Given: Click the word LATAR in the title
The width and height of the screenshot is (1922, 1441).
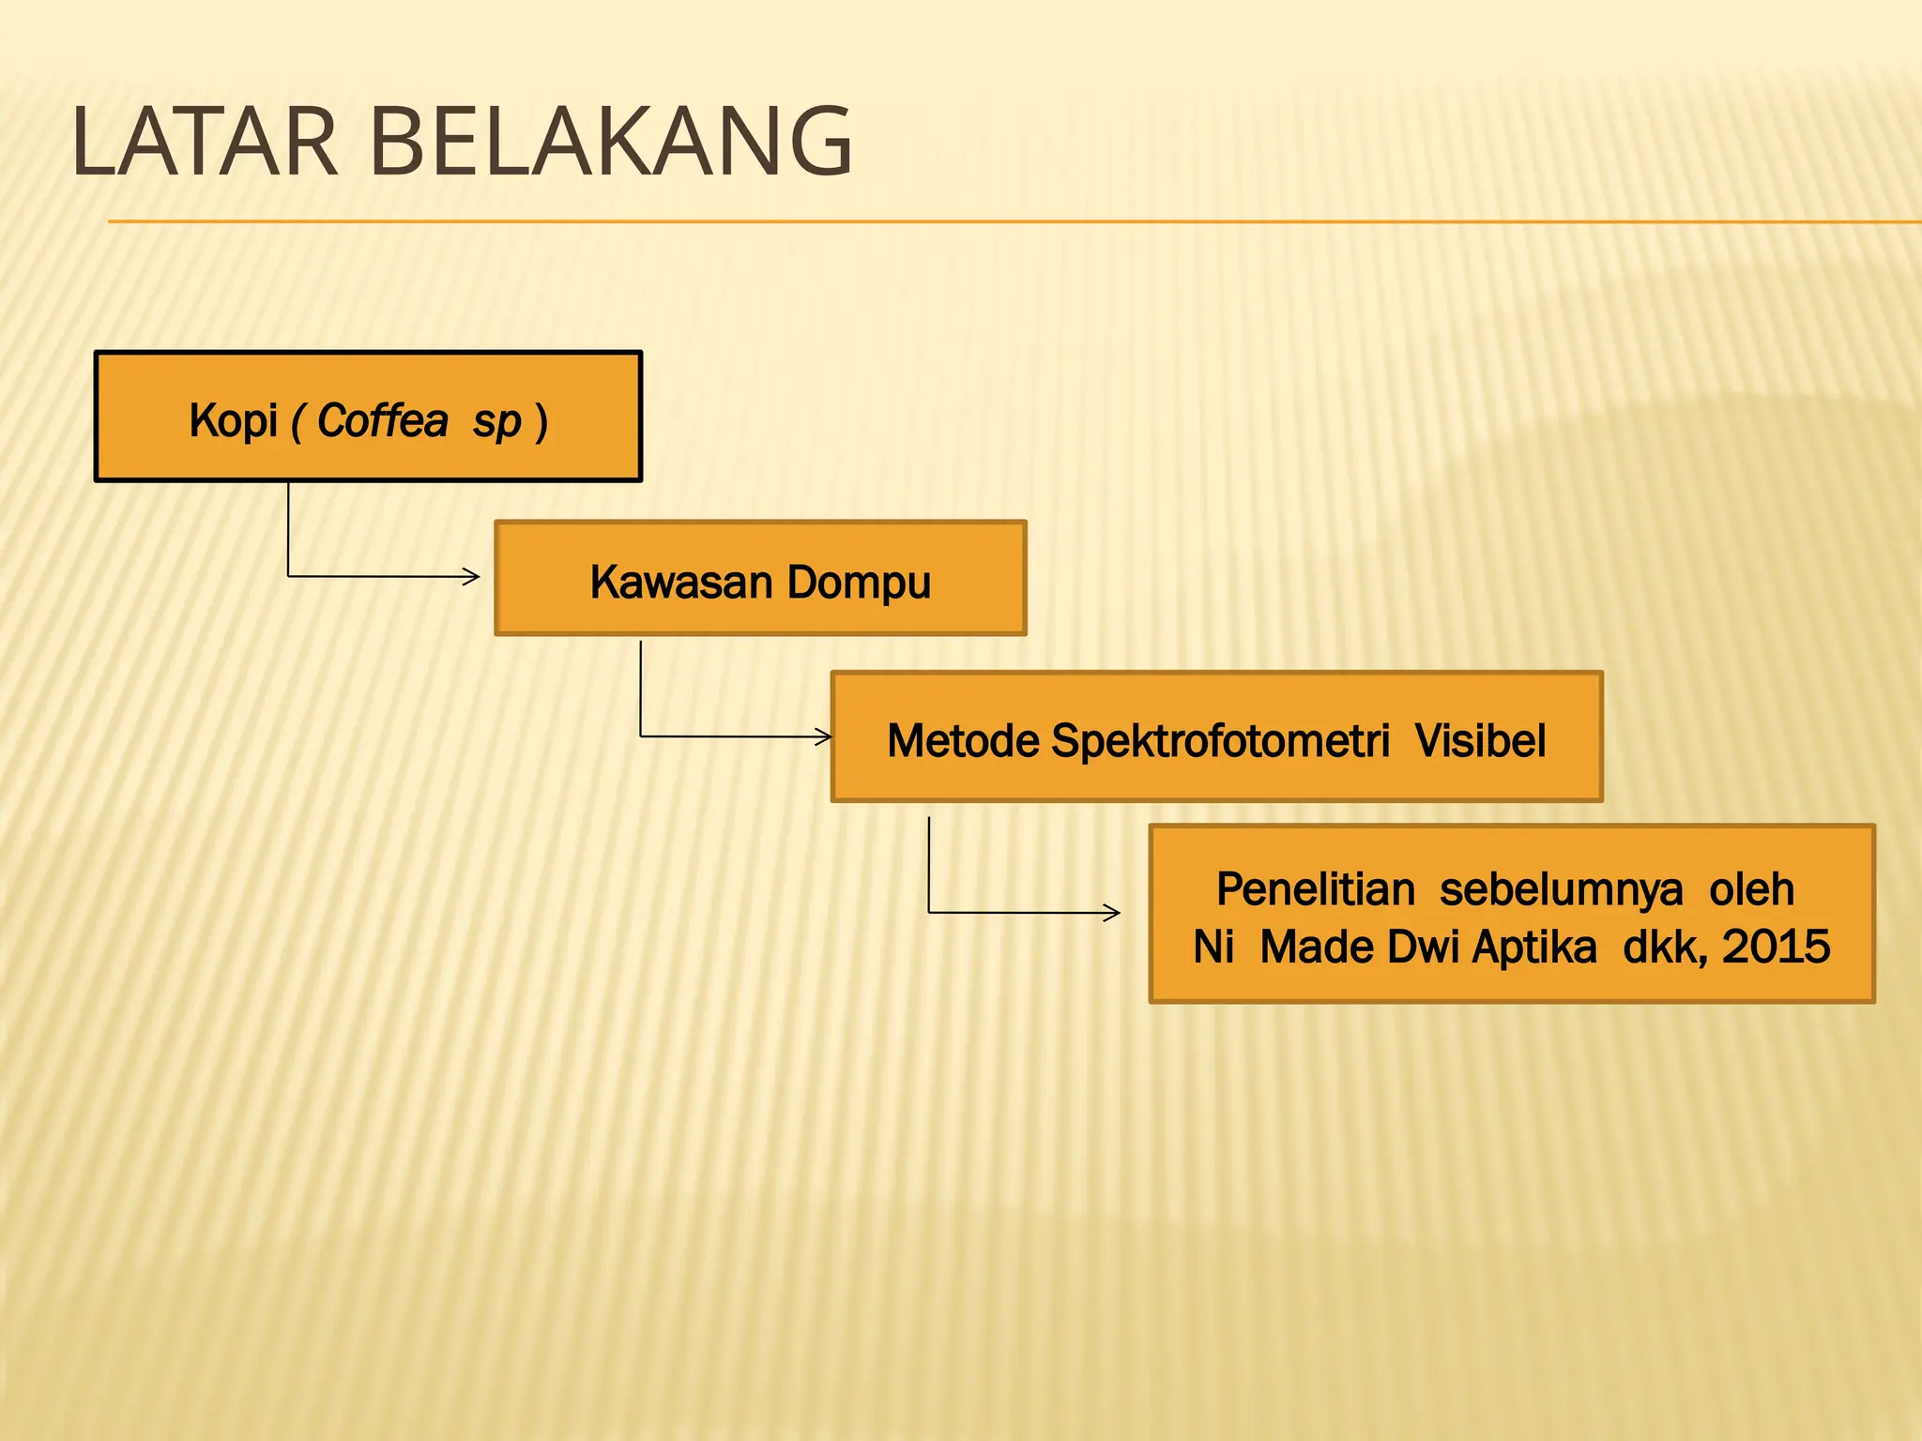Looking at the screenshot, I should (204, 143).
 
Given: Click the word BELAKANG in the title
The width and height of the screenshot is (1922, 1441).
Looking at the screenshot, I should (611, 143).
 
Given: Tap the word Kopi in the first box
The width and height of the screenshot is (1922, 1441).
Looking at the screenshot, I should (234, 420).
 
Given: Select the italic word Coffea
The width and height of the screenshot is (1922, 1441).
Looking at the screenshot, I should (383, 420).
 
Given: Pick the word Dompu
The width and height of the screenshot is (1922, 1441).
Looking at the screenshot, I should (859, 584).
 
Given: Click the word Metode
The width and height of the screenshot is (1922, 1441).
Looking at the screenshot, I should (963, 740).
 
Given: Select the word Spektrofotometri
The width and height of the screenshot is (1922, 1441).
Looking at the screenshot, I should (1220, 741).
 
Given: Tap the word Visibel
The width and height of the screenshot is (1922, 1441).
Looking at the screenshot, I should (1480, 740).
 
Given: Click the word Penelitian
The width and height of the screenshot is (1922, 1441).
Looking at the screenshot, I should (1315, 888).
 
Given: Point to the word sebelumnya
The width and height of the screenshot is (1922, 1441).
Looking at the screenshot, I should (1561, 889).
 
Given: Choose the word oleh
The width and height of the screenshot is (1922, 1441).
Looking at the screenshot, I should (1751, 888).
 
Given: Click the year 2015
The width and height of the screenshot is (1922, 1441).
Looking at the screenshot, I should (1776, 947).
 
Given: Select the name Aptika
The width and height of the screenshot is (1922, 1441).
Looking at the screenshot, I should (1533, 948).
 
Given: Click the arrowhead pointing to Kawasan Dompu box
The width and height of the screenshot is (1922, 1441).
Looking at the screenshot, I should (472, 576).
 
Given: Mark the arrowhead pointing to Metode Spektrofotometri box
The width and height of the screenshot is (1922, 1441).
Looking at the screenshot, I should (824, 736).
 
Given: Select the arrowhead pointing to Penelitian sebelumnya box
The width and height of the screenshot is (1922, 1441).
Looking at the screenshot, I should (1112, 912).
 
